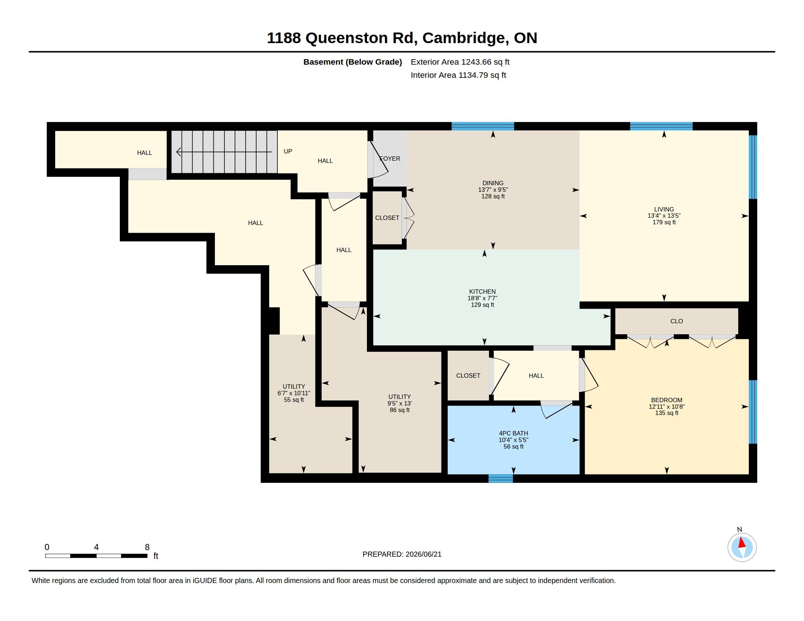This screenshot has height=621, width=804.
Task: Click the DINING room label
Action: click(x=493, y=183)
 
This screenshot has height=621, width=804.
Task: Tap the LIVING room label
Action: click(x=664, y=209)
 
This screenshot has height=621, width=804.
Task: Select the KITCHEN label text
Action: click(x=482, y=292)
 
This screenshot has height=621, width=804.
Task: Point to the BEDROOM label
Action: click(x=666, y=400)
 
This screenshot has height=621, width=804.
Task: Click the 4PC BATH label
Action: click(x=513, y=433)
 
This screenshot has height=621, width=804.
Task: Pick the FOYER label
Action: click(x=390, y=159)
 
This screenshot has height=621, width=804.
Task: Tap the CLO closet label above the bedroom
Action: click(x=676, y=321)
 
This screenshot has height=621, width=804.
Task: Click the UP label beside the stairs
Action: click(x=288, y=151)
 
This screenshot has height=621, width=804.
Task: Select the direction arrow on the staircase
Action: click(x=224, y=152)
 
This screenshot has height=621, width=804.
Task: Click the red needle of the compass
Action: click(x=742, y=543)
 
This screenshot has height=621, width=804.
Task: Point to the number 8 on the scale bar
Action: click(x=147, y=547)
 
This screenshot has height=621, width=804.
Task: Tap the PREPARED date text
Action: click(x=402, y=554)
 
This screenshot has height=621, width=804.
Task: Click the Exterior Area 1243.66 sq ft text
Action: click(x=460, y=62)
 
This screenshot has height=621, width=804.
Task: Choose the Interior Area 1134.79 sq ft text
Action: click(x=458, y=75)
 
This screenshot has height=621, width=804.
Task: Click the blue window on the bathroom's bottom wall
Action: click(x=501, y=479)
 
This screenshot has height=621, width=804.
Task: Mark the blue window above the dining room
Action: click(x=483, y=126)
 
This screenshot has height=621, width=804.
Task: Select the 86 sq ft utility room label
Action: click(x=399, y=410)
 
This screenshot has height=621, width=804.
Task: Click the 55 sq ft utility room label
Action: click(x=294, y=400)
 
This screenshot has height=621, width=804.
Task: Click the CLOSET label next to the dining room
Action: click(x=387, y=218)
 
